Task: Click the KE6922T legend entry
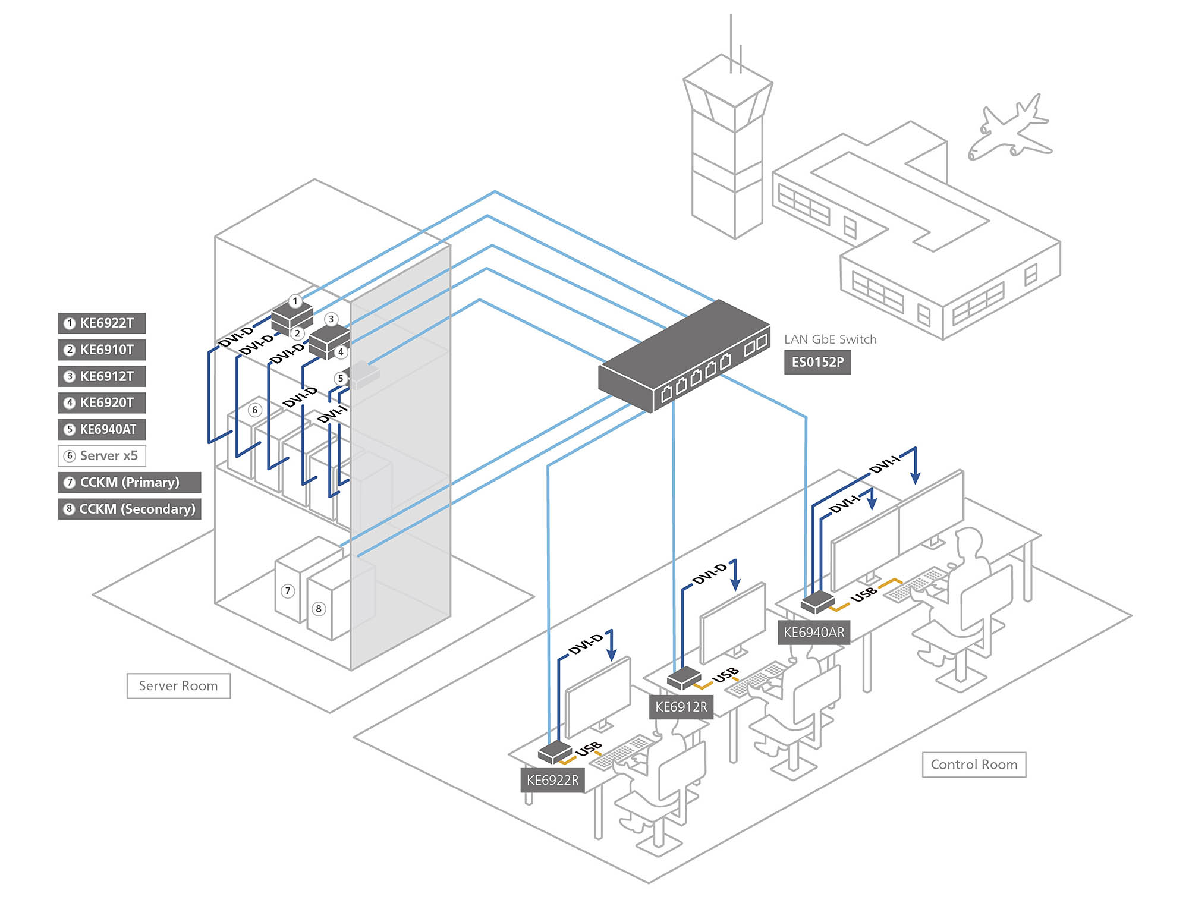click(x=102, y=323)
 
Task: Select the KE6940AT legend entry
click(x=102, y=429)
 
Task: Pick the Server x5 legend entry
click(x=102, y=456)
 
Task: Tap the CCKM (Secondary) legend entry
click(x=129, y=509)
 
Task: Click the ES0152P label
click(x=817, y=362)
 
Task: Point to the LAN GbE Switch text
click(x=830, y=339)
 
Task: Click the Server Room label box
click(x=178, y=686)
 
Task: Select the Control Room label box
click(x=974, y=765)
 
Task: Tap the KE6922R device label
click(x=552, y=780)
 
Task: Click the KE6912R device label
click(x=681, y=707)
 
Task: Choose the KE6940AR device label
click(x=813, y=633)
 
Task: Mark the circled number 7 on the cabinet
click(x=288, y=591)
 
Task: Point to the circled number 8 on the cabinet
click(x=319, y=609)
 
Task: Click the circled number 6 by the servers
click(x=255, y=410)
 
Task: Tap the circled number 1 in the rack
click(x=295, y=301)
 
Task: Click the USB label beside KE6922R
click(x=589, y=749)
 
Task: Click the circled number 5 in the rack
click(x=340, y=378)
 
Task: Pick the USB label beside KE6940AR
click(x=864, y=593)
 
